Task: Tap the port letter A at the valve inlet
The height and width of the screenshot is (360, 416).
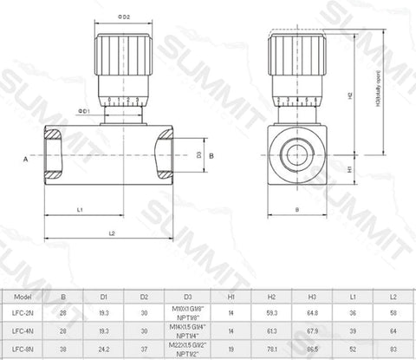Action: pos(27,160)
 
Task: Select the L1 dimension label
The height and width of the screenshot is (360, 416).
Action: pos(80,209)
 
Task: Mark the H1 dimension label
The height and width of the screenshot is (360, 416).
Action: pos(348,169)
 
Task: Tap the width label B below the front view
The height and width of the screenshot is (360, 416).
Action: pos(296,209)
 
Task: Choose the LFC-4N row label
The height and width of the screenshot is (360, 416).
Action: pos(24,331)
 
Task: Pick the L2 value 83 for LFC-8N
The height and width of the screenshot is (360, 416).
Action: pos(394,350)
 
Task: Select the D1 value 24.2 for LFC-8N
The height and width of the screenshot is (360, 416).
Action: pos(104,350)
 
